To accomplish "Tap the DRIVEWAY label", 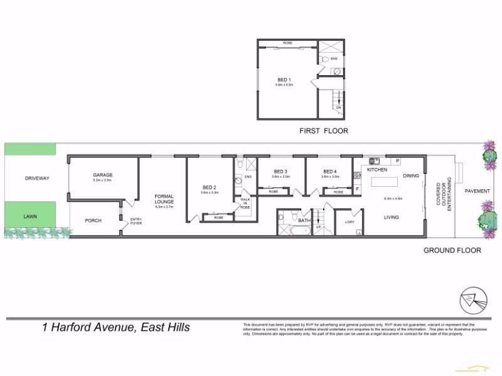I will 36,178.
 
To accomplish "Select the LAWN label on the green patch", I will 31,216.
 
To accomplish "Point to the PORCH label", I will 93,220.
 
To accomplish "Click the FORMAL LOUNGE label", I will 164,200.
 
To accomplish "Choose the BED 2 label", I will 210,187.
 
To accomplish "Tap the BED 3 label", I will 280,172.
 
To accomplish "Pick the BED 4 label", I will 330,172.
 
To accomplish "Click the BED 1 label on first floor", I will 285,80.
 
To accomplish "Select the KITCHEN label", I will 376,170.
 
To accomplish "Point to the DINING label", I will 411,176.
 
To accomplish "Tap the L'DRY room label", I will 350,222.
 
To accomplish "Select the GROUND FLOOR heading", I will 452,250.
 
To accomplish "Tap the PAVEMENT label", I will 476,190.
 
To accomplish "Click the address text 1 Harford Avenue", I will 116,327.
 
